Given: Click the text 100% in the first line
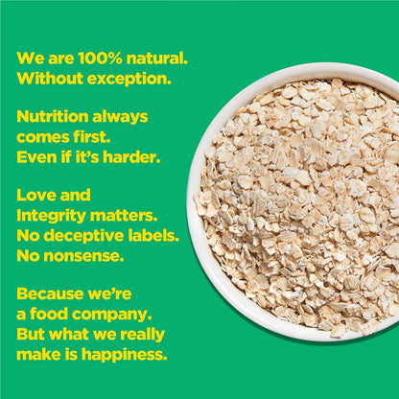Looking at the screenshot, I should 93,58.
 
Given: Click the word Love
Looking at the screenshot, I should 37,195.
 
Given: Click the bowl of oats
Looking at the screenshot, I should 297,201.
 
